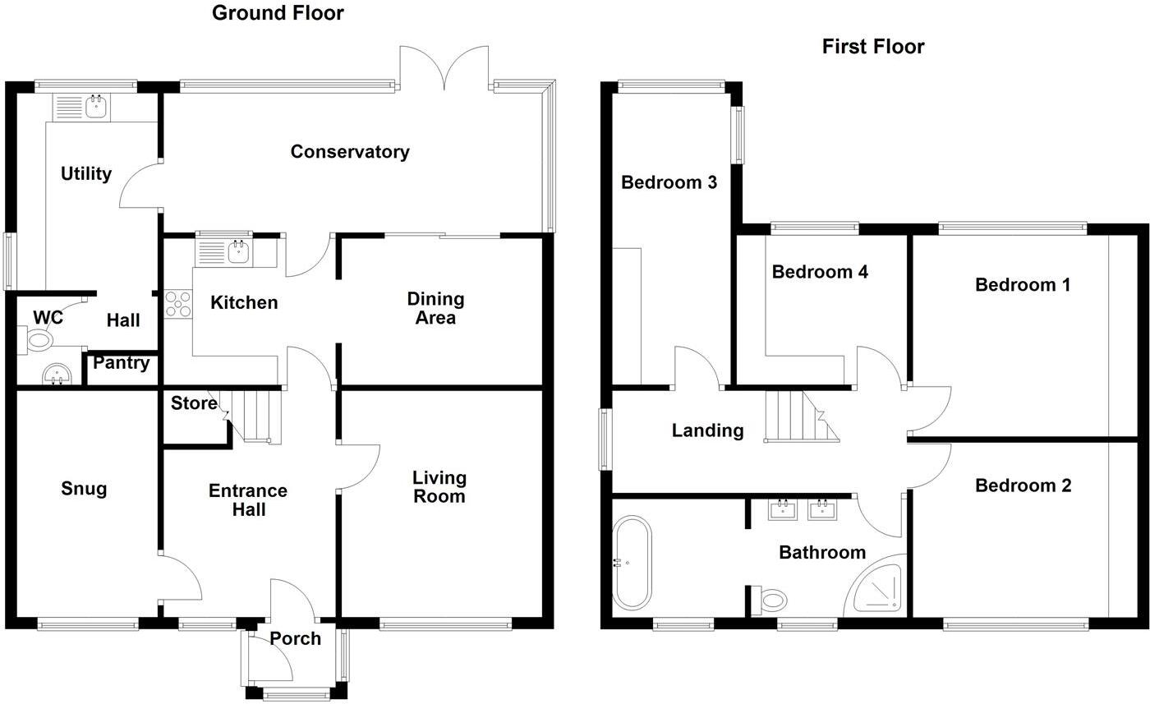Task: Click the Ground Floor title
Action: [x=278, y=13]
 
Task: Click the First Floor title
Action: [x=873, y=47]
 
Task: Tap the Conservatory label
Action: [x=350, y=152]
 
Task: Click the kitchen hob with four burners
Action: [x=177, y=305]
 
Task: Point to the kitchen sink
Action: [x=237, y=251]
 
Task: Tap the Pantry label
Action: [x=121, y=363]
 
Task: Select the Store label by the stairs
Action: [x=194, y=403]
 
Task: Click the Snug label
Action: [x=84, y=490]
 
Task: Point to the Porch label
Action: [x=296, y=639]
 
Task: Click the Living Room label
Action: [x=439, y=487]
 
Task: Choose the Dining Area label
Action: [x=435, y=309]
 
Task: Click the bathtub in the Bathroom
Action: [x=632, y=563]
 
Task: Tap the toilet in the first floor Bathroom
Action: [x=770, y=600]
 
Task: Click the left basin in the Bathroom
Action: [x=782, y=510]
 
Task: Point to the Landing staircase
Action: [x=801, y=416]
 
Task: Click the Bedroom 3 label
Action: [x=669, y=182]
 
